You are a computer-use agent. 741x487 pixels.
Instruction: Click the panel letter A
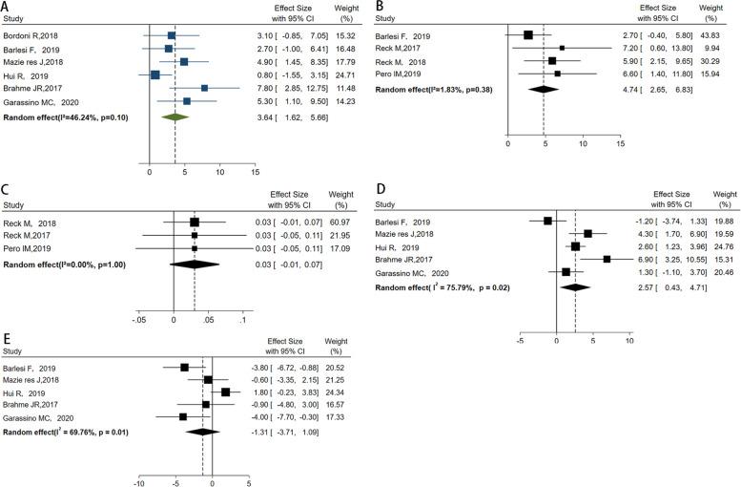click(x=8, y=8)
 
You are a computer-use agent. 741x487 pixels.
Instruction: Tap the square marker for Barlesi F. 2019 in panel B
click(x=528, y=35)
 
